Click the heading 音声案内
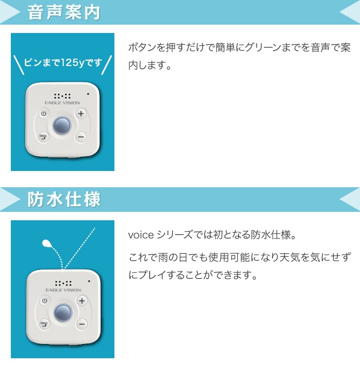click(64, 12)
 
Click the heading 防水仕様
click(64, 200)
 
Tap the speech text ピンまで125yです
click(63, 63)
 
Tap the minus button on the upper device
click(81, 137)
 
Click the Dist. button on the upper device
click(43, 137)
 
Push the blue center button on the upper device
click(62, 125)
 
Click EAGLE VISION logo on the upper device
click(62, 103)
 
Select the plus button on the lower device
click(81, 301)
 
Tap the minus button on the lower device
click(81, 324)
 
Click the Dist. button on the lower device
click(44, 324)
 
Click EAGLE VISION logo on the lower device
click(63, 290)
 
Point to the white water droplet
click(47, 242)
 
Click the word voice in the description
click(140, 235)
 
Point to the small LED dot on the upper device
click(88, 94)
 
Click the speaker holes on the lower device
click(63, 283)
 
